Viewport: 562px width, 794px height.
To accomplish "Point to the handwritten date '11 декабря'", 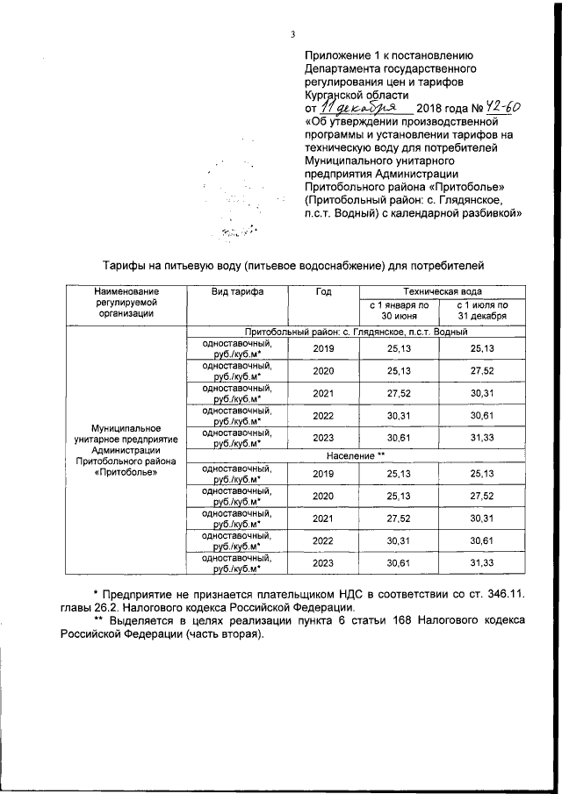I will tap(363, 107).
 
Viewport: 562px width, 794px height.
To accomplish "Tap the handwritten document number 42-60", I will tap(495, 106).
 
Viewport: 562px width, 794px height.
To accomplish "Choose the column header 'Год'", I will tap(323, 291).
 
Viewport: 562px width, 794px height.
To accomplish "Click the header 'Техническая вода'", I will tap(442, 290).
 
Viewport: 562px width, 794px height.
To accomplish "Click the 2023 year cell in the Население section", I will tap(323, 563).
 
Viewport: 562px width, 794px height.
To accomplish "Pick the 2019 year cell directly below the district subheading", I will tap(323, 348).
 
